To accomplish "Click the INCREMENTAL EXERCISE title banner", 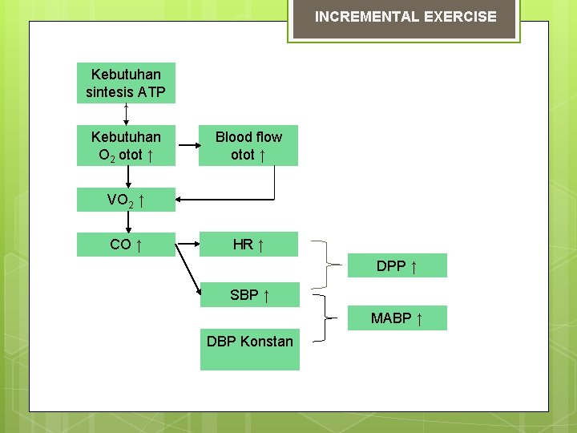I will click(405, 17).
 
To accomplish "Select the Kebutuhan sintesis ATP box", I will click(126, 83).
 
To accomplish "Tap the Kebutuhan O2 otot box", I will click(126, 145).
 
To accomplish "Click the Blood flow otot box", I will click(248, 145).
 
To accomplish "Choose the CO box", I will click(126, 245).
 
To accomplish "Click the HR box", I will click(248, 245).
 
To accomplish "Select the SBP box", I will click(249, 295).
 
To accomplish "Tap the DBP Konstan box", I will click(249, 348).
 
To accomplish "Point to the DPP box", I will click(397, 265).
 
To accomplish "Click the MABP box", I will click(397, 319).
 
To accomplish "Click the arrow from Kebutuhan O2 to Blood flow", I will click(188, 146).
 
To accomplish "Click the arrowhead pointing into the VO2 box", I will click(180, 200).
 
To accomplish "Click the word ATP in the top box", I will click(151, 92).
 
